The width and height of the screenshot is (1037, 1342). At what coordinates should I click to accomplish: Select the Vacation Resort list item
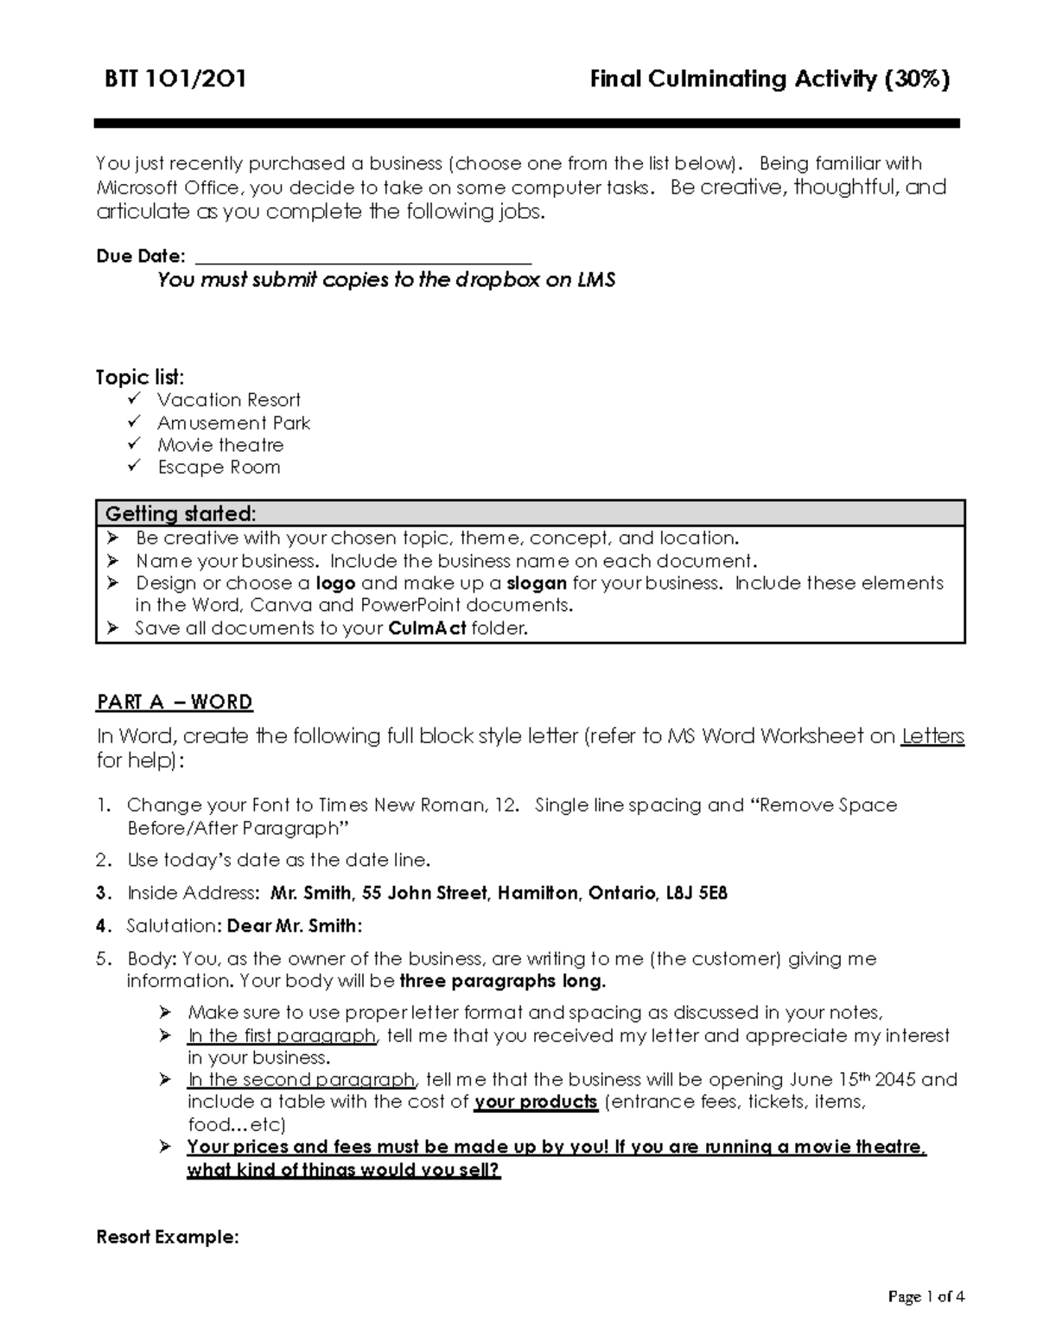(x=228, y=400)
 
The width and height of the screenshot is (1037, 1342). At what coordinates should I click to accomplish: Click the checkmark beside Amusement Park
(x=133, y=423)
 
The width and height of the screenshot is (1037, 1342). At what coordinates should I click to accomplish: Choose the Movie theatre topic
(x=220, y=445)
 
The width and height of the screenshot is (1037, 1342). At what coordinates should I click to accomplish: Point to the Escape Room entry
(x=219, y=467)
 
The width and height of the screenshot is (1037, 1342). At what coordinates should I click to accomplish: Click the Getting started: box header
(x=181, y=514)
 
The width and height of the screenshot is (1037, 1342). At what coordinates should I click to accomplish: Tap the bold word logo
(x=335, y=583)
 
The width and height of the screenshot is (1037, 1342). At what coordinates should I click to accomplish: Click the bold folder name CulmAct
(x=427, y=629)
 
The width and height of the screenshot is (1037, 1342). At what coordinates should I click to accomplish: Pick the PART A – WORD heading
(x=175, y=702)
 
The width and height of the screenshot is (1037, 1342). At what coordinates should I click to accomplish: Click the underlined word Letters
(x=932, y=736)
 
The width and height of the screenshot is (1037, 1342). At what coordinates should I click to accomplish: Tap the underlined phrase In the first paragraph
(x=282, y=1036)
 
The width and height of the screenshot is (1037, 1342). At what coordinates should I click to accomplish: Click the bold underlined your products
(x=536, y=1103)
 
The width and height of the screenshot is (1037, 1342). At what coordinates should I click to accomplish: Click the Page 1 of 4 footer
(x=926, y=1296)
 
